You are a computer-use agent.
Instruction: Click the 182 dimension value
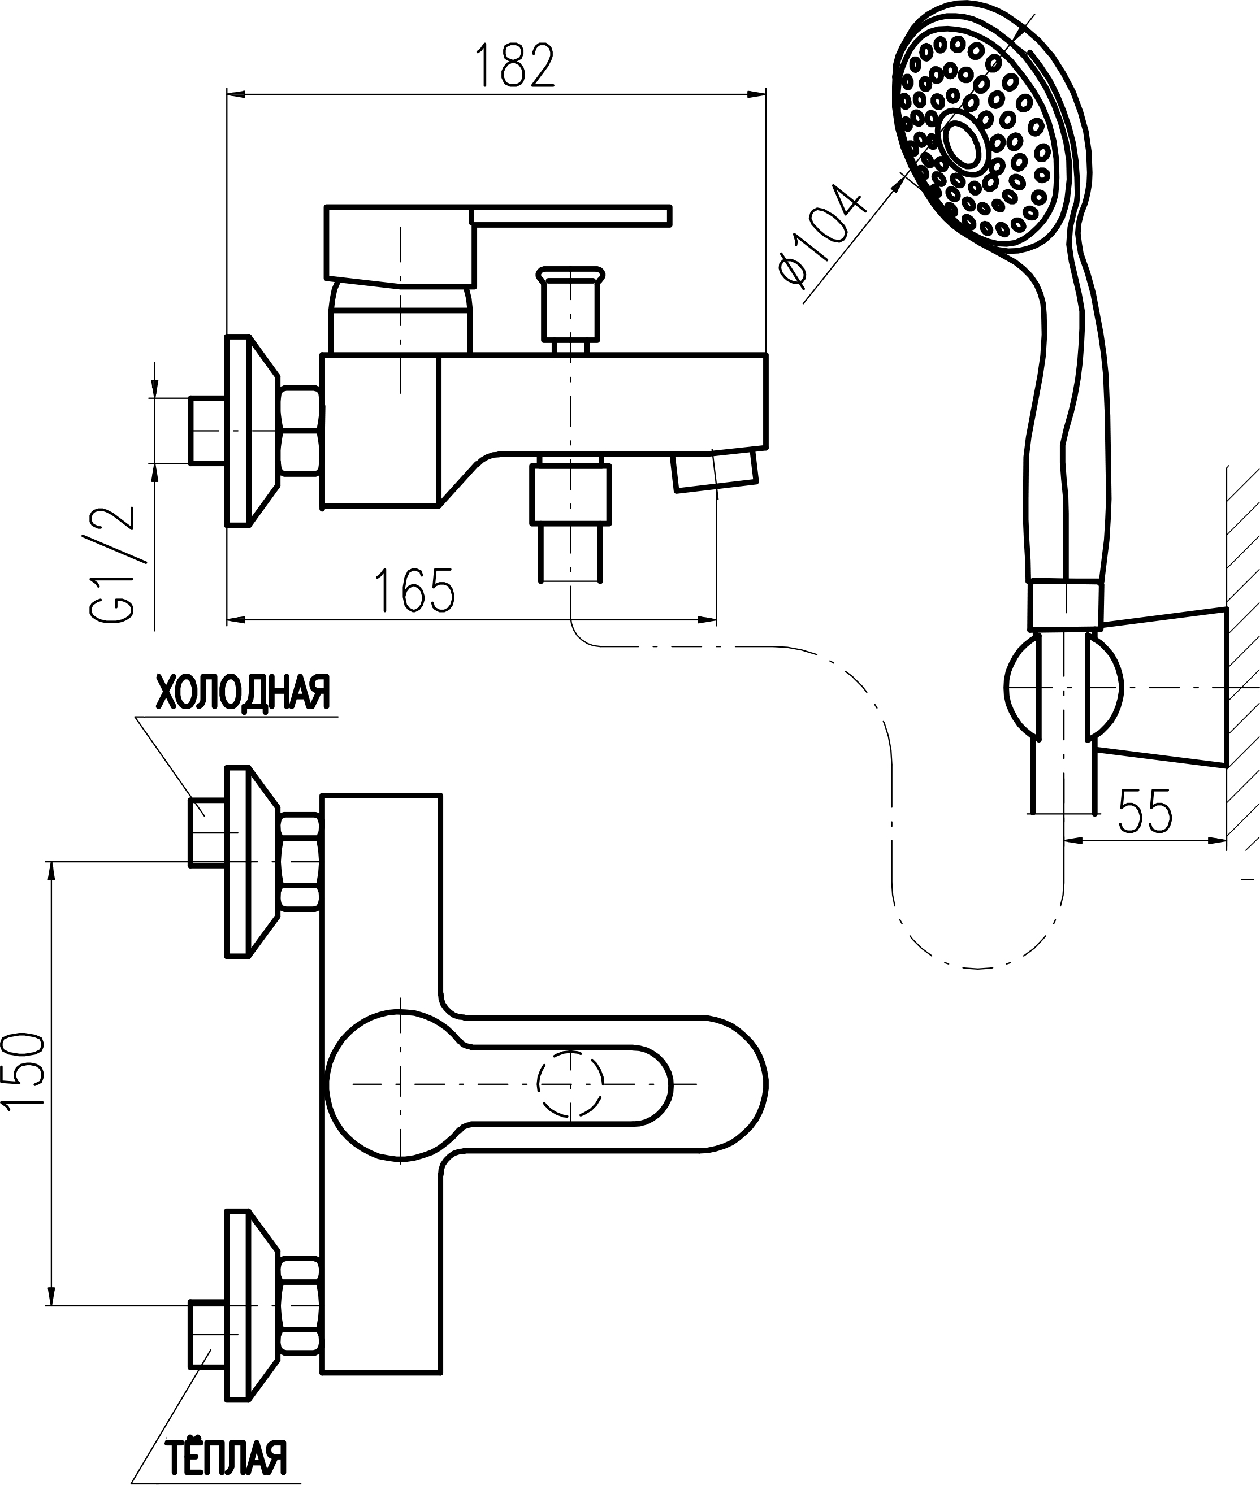click(x=514, y=66)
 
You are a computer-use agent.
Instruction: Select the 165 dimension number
click(x=415, y=591)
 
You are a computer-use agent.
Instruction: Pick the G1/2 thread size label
click(x=113, y=565)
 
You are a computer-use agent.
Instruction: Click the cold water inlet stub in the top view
click(x=207, y=833)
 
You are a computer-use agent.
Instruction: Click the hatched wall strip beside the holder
click(x=1244, y=657)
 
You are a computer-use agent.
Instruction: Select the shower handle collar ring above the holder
click(x=1064, y=605)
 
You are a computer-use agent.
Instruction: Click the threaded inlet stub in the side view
click(x=207, y=431)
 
